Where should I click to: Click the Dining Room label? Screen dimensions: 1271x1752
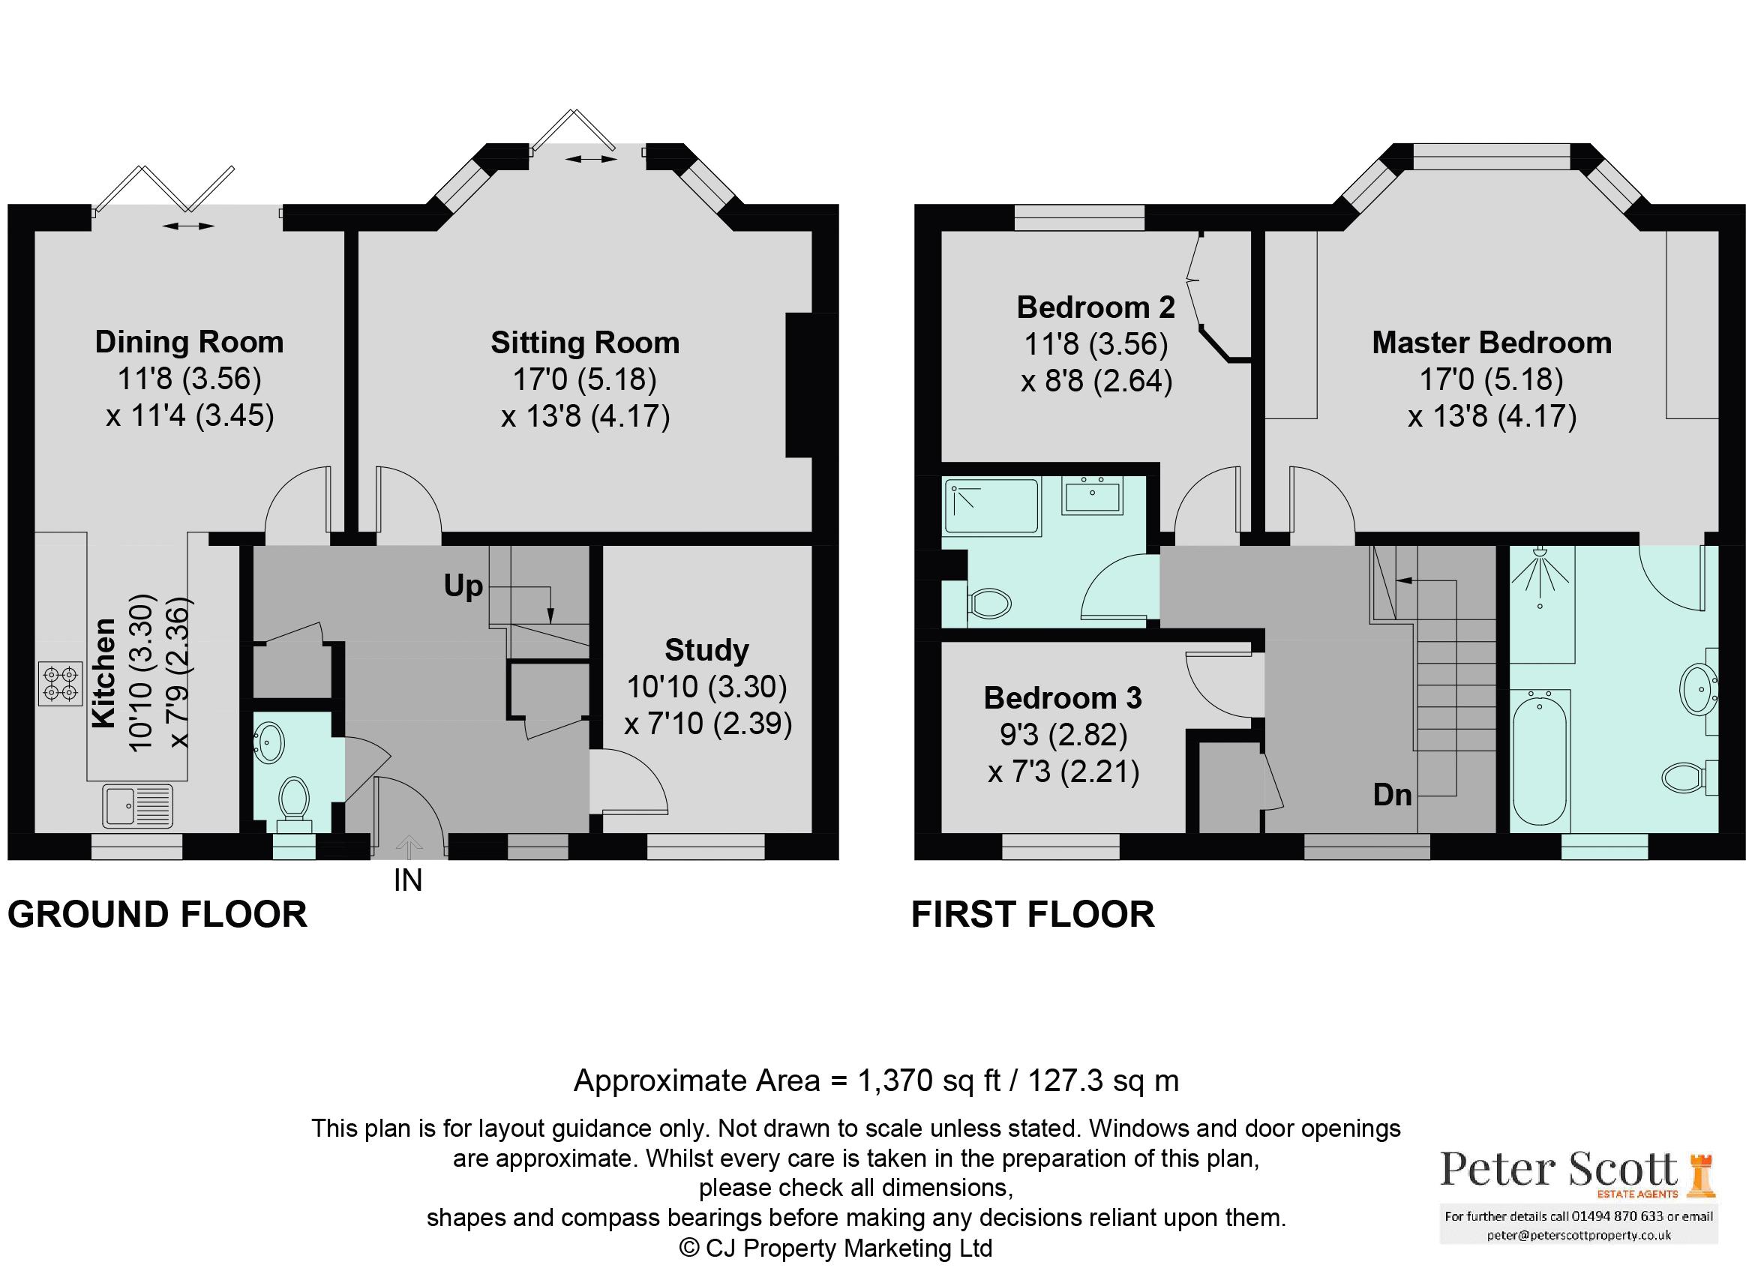click(189, 342)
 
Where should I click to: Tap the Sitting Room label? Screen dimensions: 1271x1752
click(585, 343)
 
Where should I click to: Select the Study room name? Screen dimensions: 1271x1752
click(706, 650)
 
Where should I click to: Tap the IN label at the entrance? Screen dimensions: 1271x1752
click(408, 881)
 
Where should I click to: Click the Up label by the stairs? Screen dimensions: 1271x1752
click(463, 586)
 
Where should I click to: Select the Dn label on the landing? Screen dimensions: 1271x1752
click(1392, 795)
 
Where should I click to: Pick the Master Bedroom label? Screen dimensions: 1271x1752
click(1491, 343)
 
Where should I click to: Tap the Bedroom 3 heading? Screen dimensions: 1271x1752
click(1061, 698)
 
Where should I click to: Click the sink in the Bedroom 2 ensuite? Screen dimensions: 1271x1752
click(1092, 494)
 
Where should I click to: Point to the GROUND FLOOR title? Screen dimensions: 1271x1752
click(157, 915)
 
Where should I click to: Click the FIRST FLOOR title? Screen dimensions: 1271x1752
click(1032, 915)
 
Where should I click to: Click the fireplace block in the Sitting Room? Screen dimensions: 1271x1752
click(809, 385)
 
